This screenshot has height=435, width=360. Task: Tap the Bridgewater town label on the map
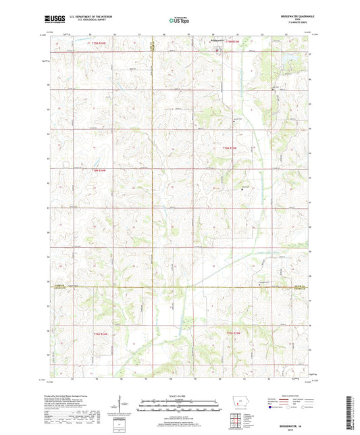[x=216, y=42]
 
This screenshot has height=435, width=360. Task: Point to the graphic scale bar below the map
[x=179, y=405]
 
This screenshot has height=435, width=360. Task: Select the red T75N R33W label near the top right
[x=232, y=43]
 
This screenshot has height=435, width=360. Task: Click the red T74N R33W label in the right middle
[x=229, y=147]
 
